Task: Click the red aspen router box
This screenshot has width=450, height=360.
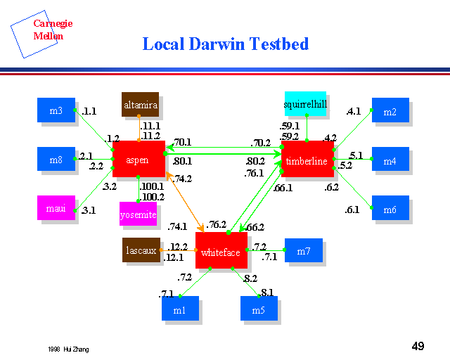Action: [138, 159]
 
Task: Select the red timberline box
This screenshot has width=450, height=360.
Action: [307, 160]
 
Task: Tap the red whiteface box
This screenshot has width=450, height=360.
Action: [221, 251]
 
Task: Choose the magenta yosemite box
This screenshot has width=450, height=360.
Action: [138, 214]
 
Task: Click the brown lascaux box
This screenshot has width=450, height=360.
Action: [141, 250]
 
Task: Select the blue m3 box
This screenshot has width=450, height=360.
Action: [56, 110]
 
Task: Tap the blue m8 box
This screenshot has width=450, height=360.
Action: [56, 159]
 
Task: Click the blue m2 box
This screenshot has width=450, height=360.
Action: [390, 110]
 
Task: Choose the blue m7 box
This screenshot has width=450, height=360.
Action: [303, 250]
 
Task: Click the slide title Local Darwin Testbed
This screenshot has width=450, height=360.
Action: [225, 44]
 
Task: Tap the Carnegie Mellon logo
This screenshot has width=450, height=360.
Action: [44, 30]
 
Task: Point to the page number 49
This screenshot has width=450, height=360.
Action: [418, 346]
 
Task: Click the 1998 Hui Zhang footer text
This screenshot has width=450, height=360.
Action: [69, 349]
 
